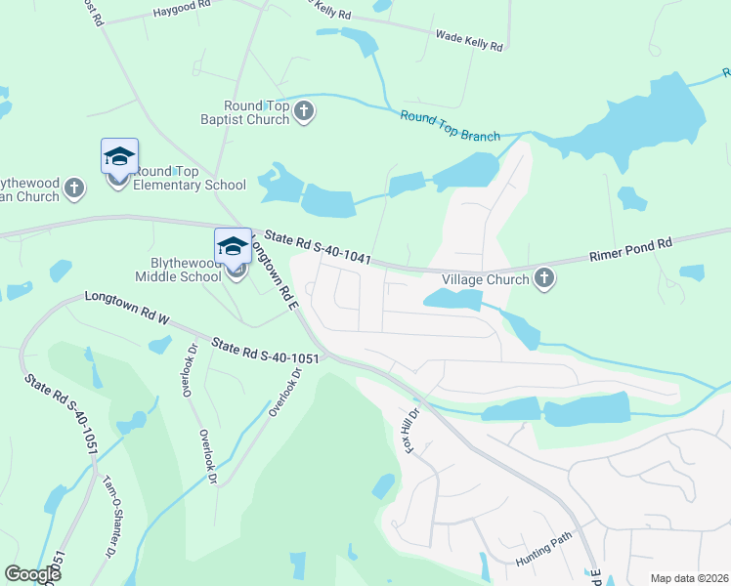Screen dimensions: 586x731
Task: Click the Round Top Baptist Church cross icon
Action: pyautogui.click(x=304, y=111)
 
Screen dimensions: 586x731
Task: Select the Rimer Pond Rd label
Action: pyautogui.click(x=631, y=251)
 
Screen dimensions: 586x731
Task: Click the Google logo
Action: pyautogui.click(x=32, y=574)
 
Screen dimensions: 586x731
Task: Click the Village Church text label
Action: pyautogui.click(x=486, y=279)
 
